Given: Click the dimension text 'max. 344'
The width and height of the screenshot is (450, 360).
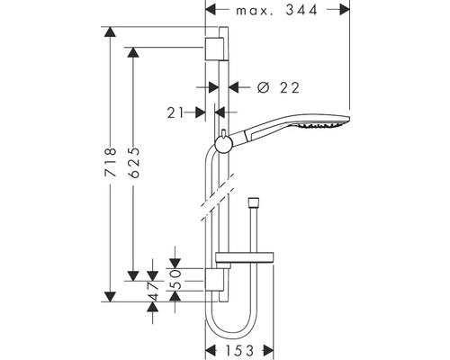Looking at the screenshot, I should click(278, 12).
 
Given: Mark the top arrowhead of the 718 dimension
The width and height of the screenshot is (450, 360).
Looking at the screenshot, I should click(111, 33).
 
